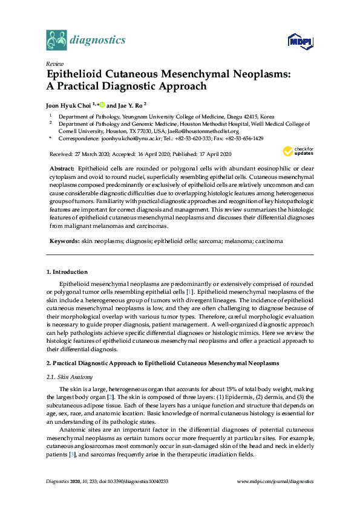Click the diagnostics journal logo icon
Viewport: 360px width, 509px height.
point(56,41)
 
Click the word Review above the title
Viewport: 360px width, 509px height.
point(54,63)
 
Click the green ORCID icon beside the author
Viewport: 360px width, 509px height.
point(102,104)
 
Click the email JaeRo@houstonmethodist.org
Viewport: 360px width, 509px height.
point(204,131)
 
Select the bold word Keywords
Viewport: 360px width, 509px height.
point(64,241)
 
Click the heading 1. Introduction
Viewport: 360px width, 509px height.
point(67,272)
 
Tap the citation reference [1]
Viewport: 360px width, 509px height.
point(206,292)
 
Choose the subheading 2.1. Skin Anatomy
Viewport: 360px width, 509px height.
point(65,377)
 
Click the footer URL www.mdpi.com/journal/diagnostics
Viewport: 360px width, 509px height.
point(275,482)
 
